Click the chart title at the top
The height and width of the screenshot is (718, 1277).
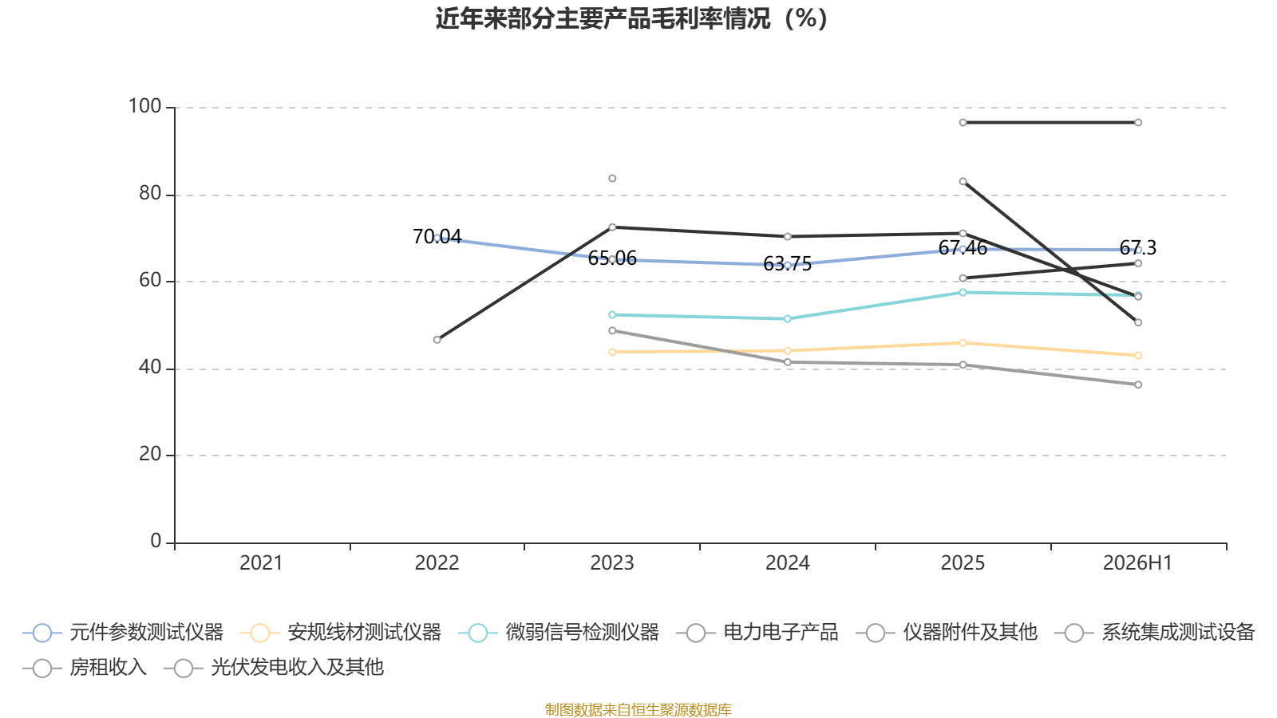(631, 19)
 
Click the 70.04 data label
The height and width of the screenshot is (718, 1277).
(437, 236)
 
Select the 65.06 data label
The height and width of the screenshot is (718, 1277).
(612, 258)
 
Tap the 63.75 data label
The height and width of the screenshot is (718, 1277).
(787, 264)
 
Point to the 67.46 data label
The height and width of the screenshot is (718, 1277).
(963, 248)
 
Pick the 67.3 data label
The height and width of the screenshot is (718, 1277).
(1138, 248)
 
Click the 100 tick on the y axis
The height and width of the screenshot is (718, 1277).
(144, 107)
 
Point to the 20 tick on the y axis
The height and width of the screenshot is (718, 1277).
(150, 455)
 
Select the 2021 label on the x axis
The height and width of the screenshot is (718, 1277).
(261, 563)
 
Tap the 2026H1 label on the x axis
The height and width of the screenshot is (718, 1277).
(1137, 563)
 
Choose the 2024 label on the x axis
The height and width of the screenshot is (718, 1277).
(787, 563)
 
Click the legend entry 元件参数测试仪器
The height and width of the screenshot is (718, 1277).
(123, 633)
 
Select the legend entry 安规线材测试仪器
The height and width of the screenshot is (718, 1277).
(341, 633)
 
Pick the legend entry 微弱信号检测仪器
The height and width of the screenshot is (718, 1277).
(559, 633)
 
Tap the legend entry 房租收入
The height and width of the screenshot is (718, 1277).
(85, 667)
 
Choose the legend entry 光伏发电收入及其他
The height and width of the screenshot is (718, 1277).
(274, 667)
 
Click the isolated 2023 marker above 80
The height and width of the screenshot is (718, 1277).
(612, 179)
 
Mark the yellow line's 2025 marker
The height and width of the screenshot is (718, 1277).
(963, 343)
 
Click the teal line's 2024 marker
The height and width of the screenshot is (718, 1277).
(787, 319)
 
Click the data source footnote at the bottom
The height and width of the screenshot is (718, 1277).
(638, 709)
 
